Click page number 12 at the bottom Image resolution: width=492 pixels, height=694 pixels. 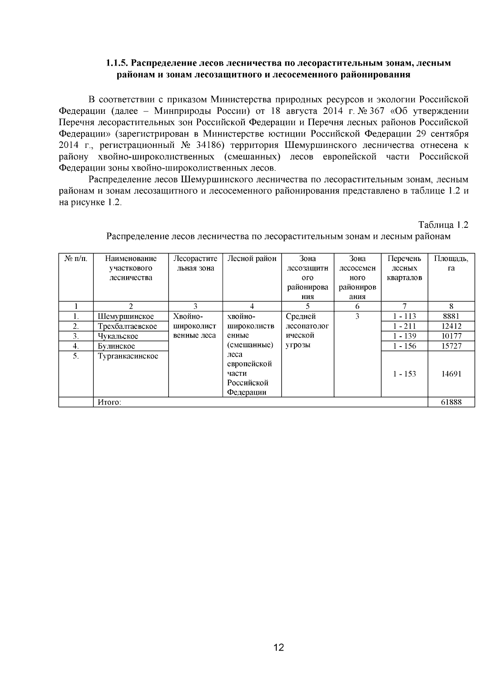pos(278,648)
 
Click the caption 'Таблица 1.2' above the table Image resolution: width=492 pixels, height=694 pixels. pos(443,225)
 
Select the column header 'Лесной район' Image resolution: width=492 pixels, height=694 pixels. pos(252,259)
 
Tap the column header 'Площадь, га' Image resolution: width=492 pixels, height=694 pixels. pos(451,263)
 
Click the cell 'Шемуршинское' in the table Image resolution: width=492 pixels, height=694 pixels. pos(125,316)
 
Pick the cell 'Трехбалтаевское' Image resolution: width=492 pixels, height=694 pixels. pos(127,327)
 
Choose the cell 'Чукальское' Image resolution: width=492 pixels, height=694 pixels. pos(118,336)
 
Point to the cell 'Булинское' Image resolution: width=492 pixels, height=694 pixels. pos(116,346)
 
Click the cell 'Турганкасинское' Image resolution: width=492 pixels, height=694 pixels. pos(128,356)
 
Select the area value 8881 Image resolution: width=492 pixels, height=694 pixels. pos(451,316)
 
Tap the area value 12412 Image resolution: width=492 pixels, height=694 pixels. pos(451,327)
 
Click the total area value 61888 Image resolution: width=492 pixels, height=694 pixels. pos(451,402)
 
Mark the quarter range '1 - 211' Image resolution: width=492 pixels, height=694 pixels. pos(404,327)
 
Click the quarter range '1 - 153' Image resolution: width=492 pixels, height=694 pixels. pos(404,374)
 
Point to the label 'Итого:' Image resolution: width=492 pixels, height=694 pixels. pos(109,402)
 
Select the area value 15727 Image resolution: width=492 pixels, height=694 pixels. pos(451,346)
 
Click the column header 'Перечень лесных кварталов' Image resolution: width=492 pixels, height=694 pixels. pos(404,268)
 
